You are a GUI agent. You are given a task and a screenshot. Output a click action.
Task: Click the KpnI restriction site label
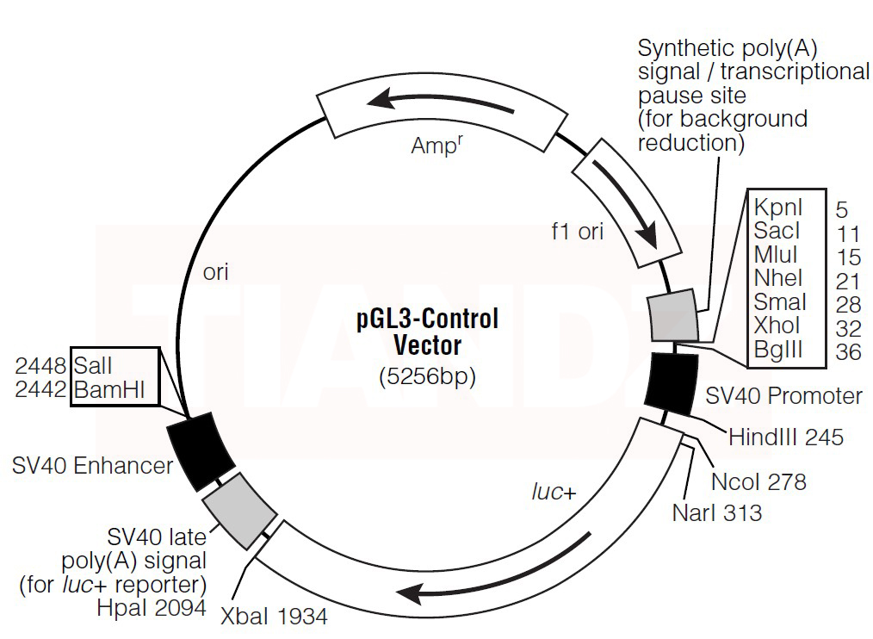click(778, 208)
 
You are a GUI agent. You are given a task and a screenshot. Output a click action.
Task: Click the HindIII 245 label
click(785, 437)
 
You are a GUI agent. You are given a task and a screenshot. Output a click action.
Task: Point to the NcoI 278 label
click(758, 481)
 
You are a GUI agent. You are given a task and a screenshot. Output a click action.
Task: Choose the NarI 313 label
click(716, 513)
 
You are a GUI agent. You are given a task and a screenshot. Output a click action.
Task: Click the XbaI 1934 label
click(274, 616)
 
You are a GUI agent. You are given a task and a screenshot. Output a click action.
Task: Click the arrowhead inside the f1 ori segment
click(651, 233)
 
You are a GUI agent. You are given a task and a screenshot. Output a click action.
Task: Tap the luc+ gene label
click(552, 492)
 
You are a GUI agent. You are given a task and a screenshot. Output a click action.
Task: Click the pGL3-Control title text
click(427, 319)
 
